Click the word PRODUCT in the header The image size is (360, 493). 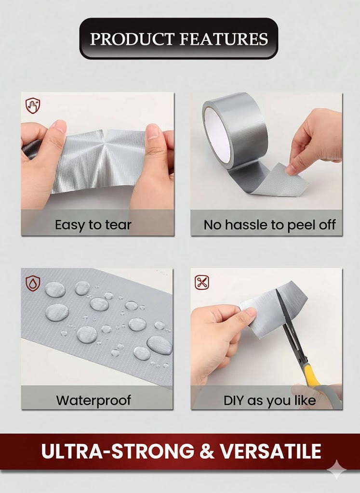[132, 39]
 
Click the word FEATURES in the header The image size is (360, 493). [224, 39]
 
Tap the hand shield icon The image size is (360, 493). [33, 105]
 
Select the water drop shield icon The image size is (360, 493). [33, 283]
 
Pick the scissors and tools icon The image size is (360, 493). [202, 282]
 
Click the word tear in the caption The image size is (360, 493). [118, 225]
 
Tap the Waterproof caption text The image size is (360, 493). [93, 400]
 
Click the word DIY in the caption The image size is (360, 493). [234, 401]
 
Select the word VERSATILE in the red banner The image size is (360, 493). [271, 452]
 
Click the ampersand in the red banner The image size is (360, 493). [206, 452]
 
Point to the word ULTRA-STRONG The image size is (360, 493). [118, 452]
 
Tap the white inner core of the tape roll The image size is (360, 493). [217, 132]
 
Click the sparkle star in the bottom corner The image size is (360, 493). [336, 470]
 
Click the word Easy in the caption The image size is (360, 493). [70, 225]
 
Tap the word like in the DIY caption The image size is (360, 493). [305, 400]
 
